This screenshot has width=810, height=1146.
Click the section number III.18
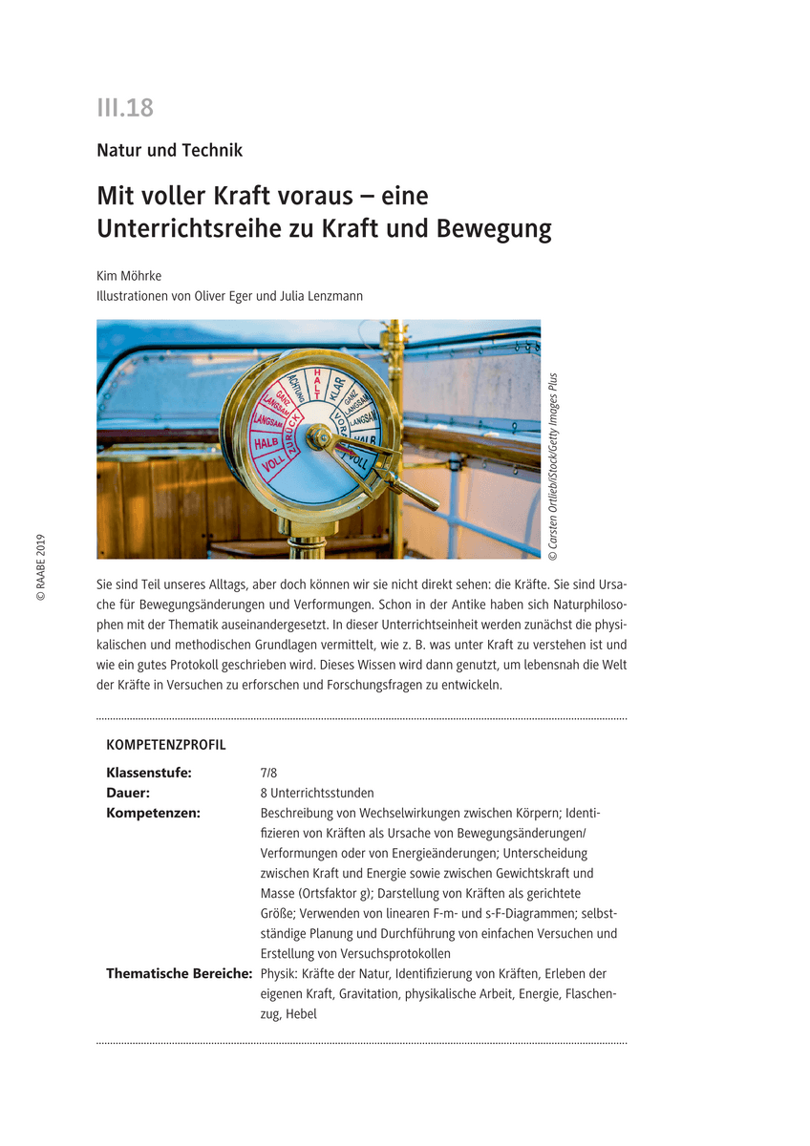tap(125, 108)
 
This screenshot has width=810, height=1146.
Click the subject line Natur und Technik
tap(169, 150)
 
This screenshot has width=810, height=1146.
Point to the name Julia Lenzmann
tap(322, 296)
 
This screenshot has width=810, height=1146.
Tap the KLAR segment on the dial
tap(336, 388)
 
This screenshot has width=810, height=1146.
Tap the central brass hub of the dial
tap(317, 438)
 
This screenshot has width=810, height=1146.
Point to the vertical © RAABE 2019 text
tap(41, 567)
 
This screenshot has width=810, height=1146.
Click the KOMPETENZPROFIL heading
tap(166, 745)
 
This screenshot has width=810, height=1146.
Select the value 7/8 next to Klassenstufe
tap(269, 773)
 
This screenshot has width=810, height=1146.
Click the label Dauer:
tap(128, 793)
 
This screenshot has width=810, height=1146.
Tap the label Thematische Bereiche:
tap(179, 974)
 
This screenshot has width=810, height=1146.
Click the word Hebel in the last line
tap(300, 1014)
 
